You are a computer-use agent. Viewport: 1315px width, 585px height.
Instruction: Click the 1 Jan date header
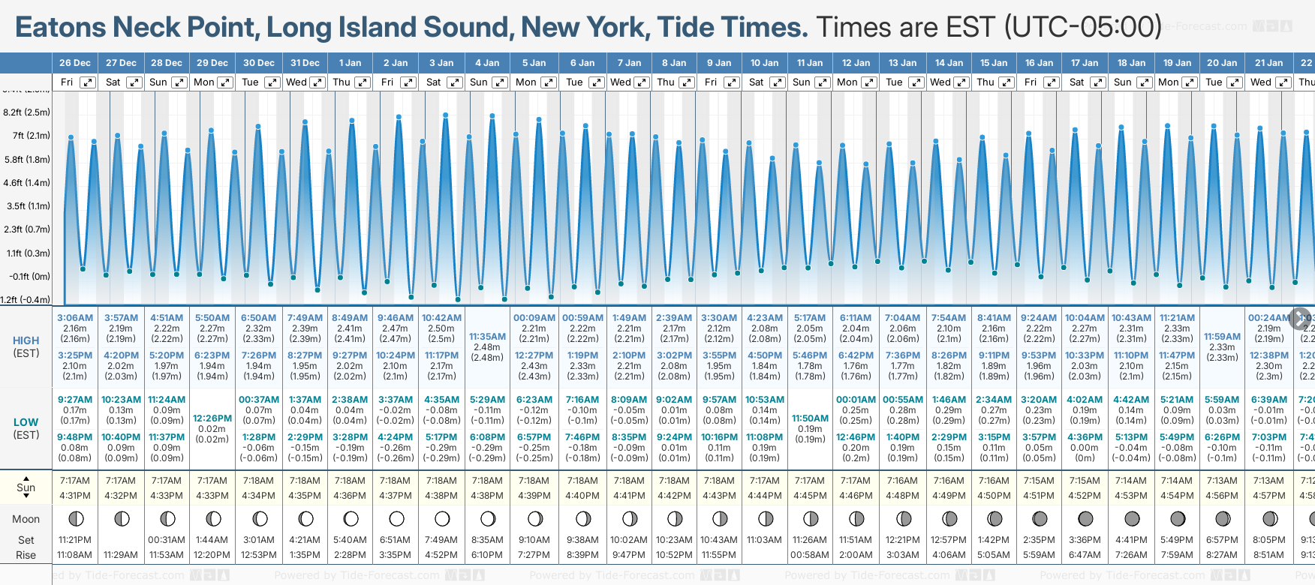[x=350, y=63]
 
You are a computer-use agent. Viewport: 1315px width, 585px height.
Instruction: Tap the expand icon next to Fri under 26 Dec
[x=88, y=82]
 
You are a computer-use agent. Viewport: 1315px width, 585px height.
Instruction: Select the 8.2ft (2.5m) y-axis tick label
[x=26, y=112]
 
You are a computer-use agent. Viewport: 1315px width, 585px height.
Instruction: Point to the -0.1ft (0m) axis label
[x=29, y=276]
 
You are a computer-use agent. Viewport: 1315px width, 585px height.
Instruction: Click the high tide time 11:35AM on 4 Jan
[x=487, y=337]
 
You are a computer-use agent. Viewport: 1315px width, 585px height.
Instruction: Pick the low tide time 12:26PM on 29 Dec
[x=212, y=418]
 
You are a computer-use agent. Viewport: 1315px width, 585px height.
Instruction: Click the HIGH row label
[x=26, y=340]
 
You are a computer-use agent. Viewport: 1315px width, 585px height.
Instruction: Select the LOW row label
[x=26, y=422]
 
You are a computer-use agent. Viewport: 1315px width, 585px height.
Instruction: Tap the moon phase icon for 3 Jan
[x=442, y=518]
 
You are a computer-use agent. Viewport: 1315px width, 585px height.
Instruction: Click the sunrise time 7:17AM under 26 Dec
[x=75, y=481]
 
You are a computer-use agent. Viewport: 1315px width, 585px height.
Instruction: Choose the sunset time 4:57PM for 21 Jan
[x=1268, y=496]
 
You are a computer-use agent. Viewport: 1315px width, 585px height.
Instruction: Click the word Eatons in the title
[x=61, y=28]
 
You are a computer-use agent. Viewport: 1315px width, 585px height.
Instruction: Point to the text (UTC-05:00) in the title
[x=1082, y=28]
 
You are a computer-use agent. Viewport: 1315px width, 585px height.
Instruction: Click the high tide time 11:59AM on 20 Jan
[x=1222, y=337]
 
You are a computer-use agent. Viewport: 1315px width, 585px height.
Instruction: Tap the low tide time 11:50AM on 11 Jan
[x=810, y=418]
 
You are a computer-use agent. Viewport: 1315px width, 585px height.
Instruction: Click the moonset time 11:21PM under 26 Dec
[x=75, y=540]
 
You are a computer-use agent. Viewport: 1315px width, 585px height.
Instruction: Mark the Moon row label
[x=26, y=519]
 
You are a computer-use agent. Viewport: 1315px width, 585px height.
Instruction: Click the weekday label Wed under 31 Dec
[x=296, y=82]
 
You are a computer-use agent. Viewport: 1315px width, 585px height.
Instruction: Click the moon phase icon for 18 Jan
[x=1132, y=518]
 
